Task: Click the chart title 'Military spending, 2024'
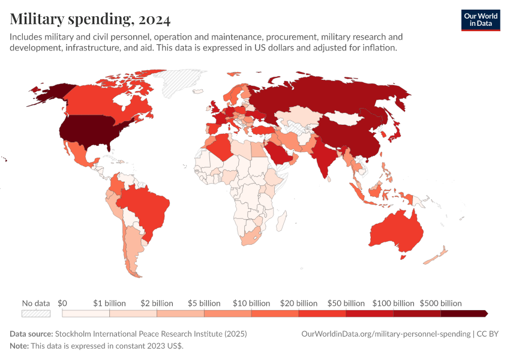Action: click(x=90, y=19)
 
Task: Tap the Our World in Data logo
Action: click(x=480, y=20)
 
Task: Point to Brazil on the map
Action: click(x=147, y=207)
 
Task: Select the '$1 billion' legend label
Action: click(x=110, y=303)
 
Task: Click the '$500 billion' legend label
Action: click(x=440, y=303)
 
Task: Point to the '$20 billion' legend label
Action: click(x=298, y=303)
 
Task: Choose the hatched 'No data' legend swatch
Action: click(x=35, y=313)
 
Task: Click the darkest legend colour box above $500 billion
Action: click(x=464, y=313)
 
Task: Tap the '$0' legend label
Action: click(x=62, y=303)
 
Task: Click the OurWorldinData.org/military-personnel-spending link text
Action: click(x=385, y=334)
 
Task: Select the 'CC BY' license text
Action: click(x=488, y=334)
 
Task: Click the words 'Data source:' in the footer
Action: click(x=31, y=334)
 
